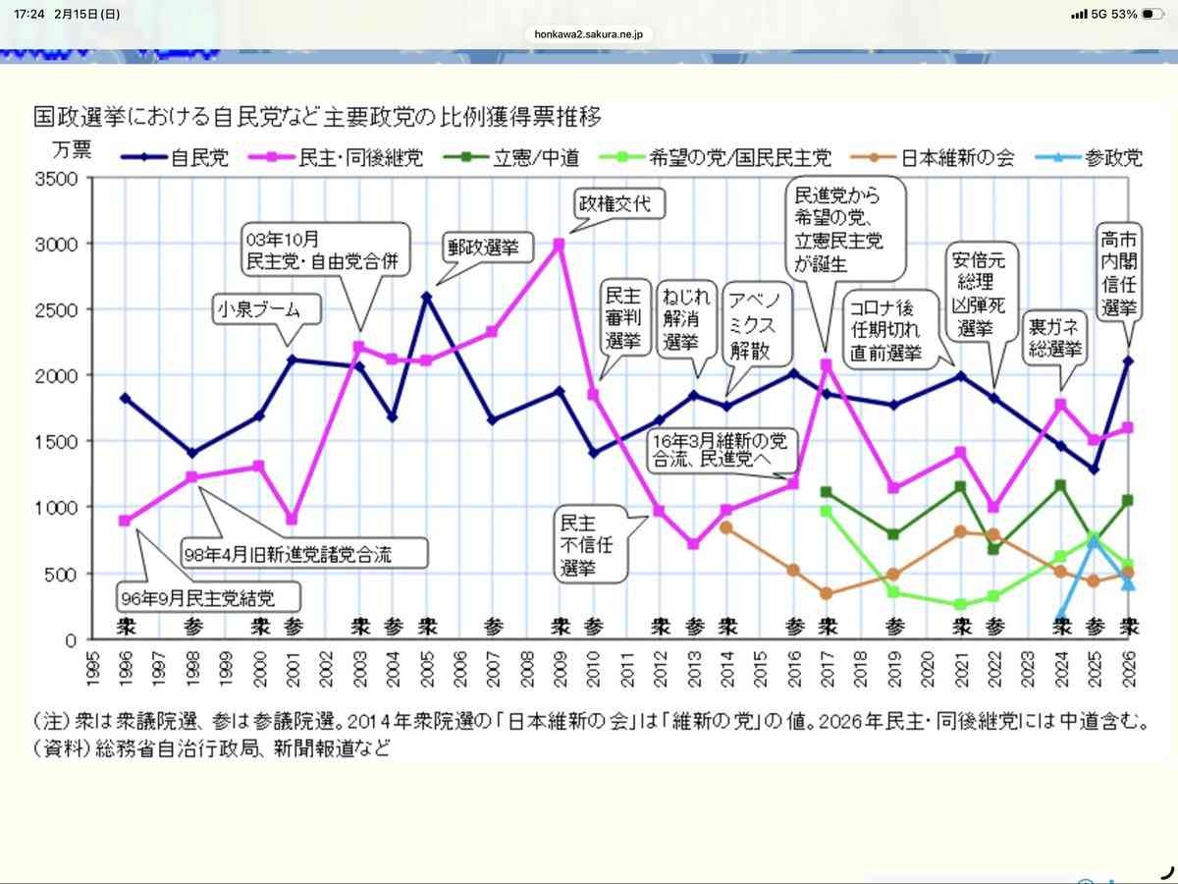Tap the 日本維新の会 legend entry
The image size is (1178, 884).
click(944, 157)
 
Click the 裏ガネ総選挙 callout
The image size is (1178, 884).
click(1055, 336)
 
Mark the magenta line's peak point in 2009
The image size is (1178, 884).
click(559, 244)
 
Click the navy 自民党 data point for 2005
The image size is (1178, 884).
click(426, 296)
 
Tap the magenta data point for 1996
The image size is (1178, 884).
click(124, 521)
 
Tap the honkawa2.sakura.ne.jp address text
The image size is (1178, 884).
click(589, 33)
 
